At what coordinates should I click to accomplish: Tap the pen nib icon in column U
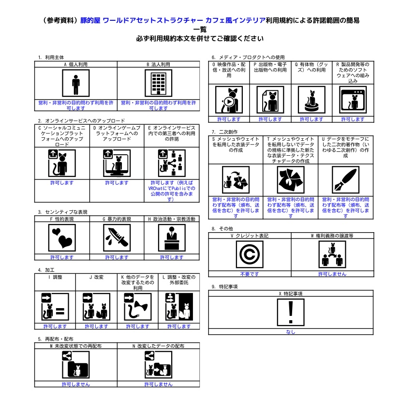click(x=345, y=180)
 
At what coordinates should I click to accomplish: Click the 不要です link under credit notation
click(x=250, y=274)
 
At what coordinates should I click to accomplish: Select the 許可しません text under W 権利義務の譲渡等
click(x=332, y=274)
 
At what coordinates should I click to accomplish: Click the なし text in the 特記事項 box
click(x=291, y=332)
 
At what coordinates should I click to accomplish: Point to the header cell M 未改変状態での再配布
click(x=76, y=346)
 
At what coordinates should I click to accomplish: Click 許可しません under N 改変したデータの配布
click(x=158, y=384)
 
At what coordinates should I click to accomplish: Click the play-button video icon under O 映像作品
click(x=229, y=100)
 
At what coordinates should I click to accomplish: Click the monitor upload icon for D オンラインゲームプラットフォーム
click(x=117, y=163)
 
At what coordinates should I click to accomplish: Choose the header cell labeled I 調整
click(x=55, y=277)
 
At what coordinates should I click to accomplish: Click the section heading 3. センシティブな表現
click(x=62, y=212)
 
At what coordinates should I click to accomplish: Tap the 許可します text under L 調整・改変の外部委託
click(x=179, y=326)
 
